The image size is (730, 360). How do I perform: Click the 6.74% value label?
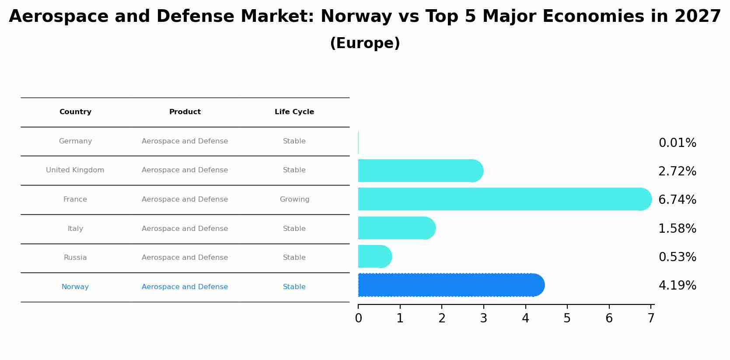[677, 200]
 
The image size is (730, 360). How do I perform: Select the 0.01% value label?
[677, 143]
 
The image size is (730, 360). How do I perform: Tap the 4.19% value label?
[677, 286]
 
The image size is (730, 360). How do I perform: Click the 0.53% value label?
[677, 257]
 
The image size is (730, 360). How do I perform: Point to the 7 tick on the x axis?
[651, 318]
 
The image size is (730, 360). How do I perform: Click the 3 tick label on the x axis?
[483, 318]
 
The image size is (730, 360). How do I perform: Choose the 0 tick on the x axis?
[358, 318]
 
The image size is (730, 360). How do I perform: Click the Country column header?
[75, 112]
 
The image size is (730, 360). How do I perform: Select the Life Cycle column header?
[294, 112]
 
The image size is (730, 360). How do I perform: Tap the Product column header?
[185, 112]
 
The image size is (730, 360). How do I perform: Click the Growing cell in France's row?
[294, 199]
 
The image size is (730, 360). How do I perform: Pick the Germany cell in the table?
[75, 141]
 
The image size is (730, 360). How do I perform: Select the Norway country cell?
[75, 287]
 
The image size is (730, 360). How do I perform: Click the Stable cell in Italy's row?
[294, 229]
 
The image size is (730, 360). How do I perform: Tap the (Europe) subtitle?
[365, 43]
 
